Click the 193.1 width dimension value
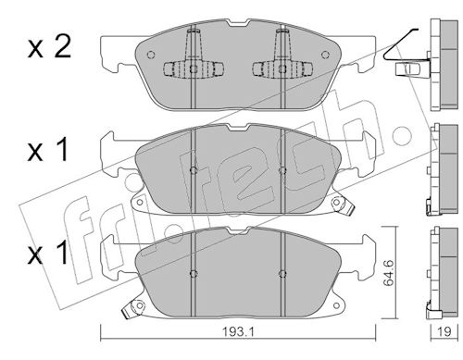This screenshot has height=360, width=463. pos(238,332)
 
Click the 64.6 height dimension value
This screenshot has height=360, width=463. pos(389,273)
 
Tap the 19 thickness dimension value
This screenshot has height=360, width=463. pos(444,331)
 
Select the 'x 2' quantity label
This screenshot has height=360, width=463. pos(50,47)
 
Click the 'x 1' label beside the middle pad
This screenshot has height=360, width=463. pos(48,150)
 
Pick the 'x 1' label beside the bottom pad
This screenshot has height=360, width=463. pos(48,253)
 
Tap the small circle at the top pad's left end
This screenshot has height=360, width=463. pos(151,55)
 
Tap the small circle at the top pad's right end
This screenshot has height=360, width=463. pos(325,55)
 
